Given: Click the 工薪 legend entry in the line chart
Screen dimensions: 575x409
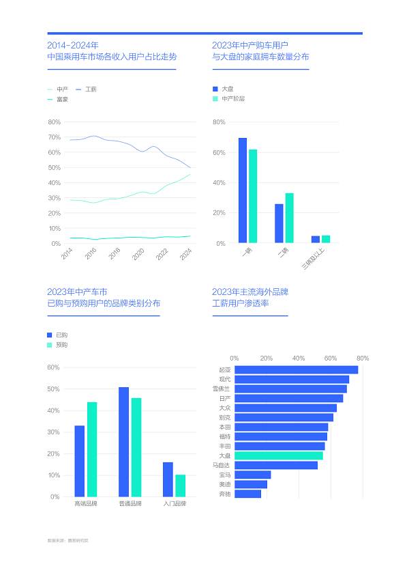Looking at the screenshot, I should pos(90,89).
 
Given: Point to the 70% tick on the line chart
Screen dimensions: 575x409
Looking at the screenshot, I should pos(55,137).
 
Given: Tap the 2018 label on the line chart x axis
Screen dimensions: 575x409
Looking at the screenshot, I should pos(115,253).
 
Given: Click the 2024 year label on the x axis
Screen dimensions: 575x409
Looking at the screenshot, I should pos(185,253).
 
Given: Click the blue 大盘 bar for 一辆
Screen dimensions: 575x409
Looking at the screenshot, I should pos(243,190).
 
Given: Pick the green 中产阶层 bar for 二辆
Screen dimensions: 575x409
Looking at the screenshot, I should pos(289,218).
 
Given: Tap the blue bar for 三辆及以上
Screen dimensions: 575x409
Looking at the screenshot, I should pos(316,239).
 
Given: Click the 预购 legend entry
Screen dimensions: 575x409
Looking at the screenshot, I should pos(61,345).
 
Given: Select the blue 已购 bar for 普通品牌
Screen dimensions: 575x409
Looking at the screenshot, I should pos(123,441).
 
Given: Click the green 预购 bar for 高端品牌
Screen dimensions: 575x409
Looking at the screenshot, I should pos(92,449).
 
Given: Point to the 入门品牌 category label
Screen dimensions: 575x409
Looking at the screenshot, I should pos(174,504).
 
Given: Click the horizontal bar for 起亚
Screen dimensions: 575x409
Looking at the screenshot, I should pos(296,369).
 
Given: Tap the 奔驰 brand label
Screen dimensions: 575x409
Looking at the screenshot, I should pos(225,494).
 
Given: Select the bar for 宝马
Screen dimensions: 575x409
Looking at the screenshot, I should pos(252,475).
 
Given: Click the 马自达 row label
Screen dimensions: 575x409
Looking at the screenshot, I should pos(222,465).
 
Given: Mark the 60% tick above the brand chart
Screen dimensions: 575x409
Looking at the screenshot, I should pos(331,358).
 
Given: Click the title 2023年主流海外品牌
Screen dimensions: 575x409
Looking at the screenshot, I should pos(250,292).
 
